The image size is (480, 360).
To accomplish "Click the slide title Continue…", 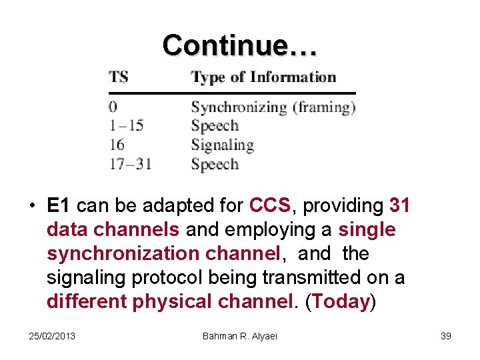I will tap(240, 45).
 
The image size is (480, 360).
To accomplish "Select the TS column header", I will tap(119, 77).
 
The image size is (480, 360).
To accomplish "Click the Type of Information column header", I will tap(263, 77).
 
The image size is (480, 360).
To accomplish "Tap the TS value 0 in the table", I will tap(113, 107).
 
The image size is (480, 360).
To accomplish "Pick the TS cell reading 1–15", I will tap(126, 125).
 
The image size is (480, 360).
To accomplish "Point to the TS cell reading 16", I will tap(117, 145).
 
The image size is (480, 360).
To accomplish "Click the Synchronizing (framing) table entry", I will tap(273, 107).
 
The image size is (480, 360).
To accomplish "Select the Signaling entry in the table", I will tap(222, 145).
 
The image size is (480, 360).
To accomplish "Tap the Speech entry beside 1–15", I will tap(214, 125).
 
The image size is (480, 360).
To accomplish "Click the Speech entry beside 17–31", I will tap(214, 163).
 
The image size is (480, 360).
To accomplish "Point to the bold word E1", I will tap(59, 206).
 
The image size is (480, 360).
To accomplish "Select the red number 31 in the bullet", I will tap(399, 206).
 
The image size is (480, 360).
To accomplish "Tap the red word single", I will tap(367, 230).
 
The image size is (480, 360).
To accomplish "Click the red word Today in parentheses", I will tap(340, 302).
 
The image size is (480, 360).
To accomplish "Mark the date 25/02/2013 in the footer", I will tap(53, 335).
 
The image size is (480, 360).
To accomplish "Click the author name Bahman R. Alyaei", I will tap(240, 335).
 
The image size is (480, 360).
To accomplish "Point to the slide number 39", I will tap(446, 335).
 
